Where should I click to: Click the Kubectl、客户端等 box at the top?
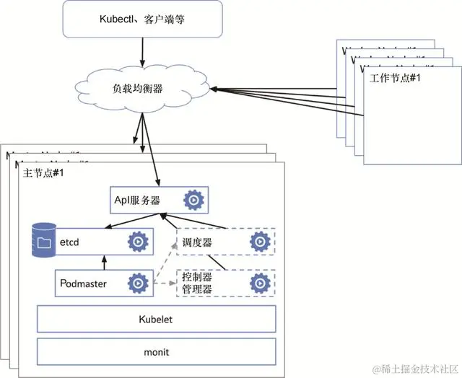click(143, 19)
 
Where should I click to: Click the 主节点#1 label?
click(44, 174)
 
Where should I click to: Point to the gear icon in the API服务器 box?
click(193, 199)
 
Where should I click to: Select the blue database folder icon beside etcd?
click(44, 241)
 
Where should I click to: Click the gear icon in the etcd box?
click(137, 242)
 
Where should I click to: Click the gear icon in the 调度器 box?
click(258, 242)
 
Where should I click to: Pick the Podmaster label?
click(83, 283)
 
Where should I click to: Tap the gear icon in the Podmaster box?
click(137, 283)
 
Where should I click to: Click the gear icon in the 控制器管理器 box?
click(258, 283)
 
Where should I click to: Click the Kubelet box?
click(156, 318)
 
